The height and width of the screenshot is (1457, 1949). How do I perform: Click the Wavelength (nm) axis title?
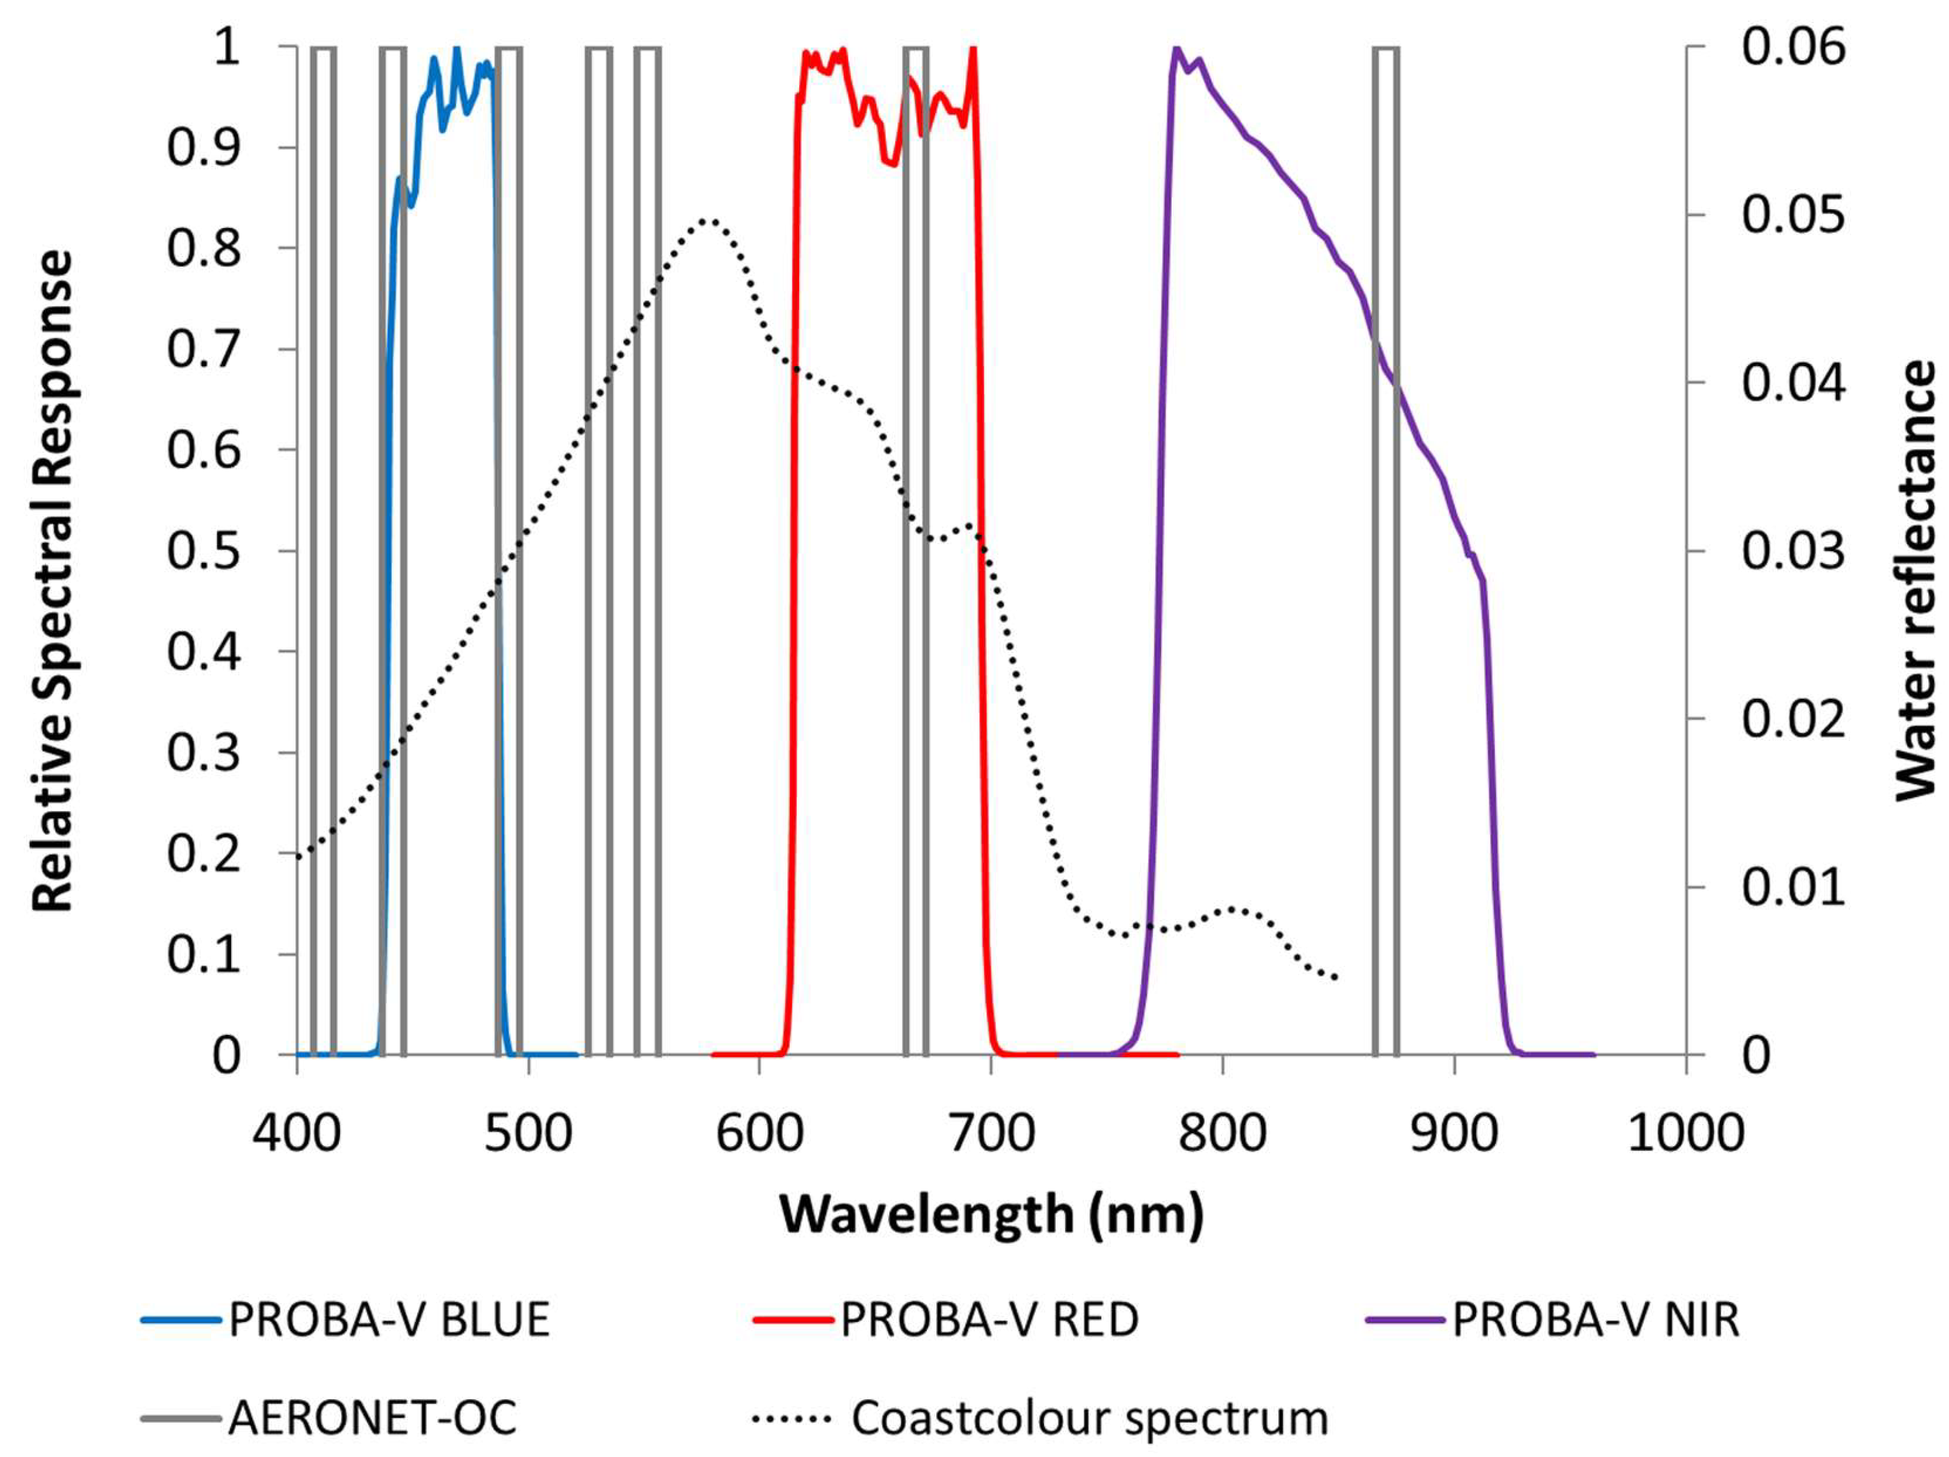pyautogui.click(x=991, y=1215)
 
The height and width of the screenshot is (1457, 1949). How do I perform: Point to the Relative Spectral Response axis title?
pyautogui.click(x=53, y=582)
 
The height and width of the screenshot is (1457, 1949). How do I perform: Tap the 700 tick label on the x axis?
pyautogui.click(x=990, y=1134)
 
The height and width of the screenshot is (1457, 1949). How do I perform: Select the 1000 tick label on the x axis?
pyautogui.click(x=1685, y=1134)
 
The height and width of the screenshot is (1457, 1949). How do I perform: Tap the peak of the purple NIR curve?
pyautogui.click(x=1175, y=49)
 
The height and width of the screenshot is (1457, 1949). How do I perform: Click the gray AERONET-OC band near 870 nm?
pyautogui.click(x=1386, y=546)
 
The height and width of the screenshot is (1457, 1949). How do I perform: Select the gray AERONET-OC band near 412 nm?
pyautogui.click(x=323, y=546)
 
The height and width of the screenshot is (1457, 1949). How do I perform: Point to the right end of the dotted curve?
pyautogui.click(x=1337, y=978)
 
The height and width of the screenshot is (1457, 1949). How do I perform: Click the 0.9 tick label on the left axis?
pyautogui.click(x=204, y=147)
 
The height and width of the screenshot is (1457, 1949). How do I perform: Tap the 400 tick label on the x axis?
pyautogui.click(x=297, y=1134)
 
